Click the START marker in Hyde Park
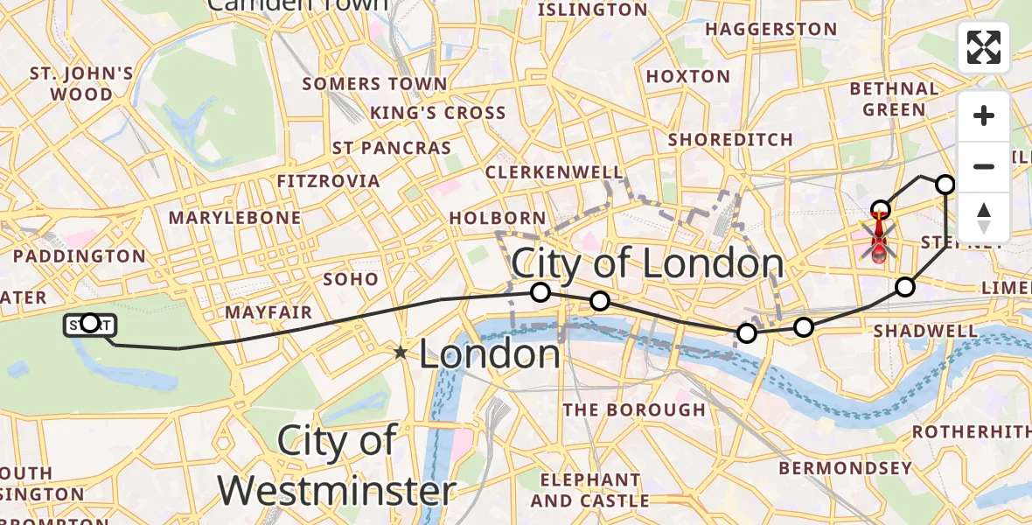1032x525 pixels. click(x=89, y=325)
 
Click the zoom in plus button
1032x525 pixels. click(x=984, y=115)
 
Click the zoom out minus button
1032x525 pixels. click(x=984, y=166)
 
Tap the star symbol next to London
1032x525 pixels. click(x=401, y=353)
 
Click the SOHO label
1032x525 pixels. click(x=351, y=279)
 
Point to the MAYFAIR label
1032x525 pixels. click(x=268, y=312)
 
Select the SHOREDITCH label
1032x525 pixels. click(x=730, y=139)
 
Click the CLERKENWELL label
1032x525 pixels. click(x=554, y=172)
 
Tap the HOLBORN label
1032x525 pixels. click(x=497, y=217)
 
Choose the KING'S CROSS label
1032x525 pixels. click(x=437, y=113)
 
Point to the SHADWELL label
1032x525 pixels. click(x=925, y=331)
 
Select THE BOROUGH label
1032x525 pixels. click(x=633, y=409)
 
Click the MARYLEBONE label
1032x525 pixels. click(x=234, y=217)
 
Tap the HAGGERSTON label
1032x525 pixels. click(x=771, y=29)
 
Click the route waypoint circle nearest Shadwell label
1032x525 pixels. click(x=905, y=287)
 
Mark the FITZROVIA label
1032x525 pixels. click(x=328, y=181)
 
